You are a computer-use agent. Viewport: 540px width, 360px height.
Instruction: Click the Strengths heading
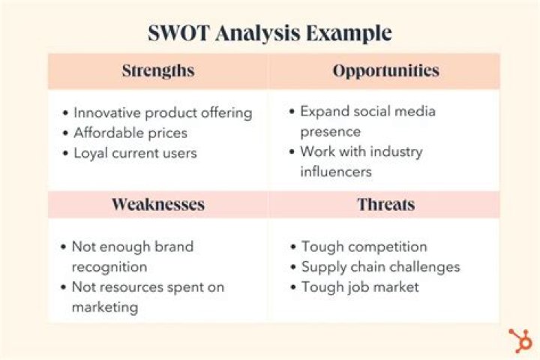click(157, 71)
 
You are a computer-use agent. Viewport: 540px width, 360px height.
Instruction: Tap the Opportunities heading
click(385, 71)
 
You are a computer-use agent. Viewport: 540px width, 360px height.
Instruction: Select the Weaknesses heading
click(157, 205)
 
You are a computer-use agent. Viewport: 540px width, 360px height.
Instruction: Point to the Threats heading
click(385, 205)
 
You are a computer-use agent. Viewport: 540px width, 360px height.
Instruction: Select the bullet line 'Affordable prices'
click(130, 133)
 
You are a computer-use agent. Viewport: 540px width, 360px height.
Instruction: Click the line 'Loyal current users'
click(135, 152)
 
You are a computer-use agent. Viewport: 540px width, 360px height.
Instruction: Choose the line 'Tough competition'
click(364, 247)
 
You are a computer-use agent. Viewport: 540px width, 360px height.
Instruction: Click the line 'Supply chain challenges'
click(380, 266)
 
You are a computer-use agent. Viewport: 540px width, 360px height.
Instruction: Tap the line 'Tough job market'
click(360, 286)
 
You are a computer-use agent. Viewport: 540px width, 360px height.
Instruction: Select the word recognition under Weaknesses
click(109, 266)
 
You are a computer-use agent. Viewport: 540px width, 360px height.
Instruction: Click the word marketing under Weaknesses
click(105, 307)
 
